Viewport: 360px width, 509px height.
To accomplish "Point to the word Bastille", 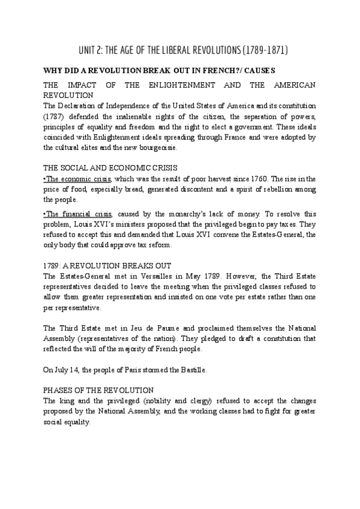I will tap(191, 370).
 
